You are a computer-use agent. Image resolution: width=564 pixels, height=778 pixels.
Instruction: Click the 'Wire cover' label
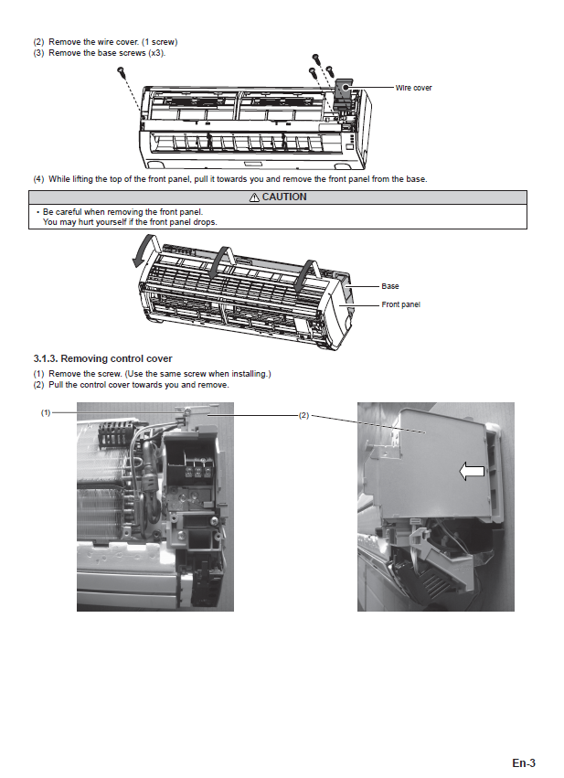(413, 88)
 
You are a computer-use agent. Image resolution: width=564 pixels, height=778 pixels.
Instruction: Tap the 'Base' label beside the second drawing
(389, 286)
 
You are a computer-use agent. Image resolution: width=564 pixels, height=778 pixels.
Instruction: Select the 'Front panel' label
(400, 304)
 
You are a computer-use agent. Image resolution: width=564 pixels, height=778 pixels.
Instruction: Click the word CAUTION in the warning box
(284, 197)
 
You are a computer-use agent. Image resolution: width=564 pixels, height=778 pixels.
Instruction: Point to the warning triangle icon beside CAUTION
(254, 197)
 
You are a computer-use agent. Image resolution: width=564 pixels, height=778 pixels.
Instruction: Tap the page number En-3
(523, 762)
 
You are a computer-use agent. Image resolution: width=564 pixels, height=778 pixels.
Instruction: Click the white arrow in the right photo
(471, 470)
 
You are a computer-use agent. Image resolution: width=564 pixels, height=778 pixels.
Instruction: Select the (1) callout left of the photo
(45, 413)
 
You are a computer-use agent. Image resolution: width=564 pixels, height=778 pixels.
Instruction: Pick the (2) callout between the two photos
(303, 415)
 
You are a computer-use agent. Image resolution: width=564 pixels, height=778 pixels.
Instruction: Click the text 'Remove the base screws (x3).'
(107, 52)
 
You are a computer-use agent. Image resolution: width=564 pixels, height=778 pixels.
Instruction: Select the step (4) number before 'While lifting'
(38, 178)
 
